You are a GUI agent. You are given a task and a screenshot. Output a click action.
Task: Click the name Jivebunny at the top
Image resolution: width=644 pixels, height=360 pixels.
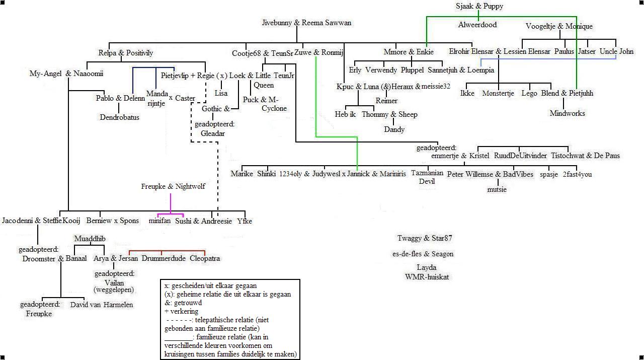pos(276,23)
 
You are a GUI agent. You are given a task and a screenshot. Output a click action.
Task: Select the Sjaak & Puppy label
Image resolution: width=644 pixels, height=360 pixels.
pos(479,6)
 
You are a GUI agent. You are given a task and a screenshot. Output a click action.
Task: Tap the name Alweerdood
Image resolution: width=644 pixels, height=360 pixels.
pos(477,25)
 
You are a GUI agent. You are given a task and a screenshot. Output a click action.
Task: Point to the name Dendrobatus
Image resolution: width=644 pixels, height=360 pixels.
pos(119,117)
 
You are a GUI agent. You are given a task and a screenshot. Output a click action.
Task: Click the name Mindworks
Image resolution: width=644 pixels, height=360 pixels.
pos(567,113)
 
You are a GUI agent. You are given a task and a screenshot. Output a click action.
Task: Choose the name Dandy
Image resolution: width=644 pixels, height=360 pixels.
pos(394,129)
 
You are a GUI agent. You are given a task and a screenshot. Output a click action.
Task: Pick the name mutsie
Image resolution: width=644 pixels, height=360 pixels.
pos(497,189)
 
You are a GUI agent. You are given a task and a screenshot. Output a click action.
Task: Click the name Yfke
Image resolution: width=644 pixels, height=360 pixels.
pos(245,221)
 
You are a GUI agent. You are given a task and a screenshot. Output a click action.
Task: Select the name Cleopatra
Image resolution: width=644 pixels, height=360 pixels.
pos(205,258)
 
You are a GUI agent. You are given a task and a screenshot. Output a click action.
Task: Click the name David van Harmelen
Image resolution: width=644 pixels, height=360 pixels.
pos(102,305)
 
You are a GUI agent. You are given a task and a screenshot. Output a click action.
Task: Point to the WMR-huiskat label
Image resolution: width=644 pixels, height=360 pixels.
pos(427,276)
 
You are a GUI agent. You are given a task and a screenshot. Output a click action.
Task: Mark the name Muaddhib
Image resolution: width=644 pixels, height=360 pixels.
pos(90,238)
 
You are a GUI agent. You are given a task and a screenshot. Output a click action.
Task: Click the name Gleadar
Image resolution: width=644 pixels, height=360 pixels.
pos(213,133)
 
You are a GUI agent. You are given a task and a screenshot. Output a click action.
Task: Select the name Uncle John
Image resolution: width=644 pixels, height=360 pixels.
pos(616,51)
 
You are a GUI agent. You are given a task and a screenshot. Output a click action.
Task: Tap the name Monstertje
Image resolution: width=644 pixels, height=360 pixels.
pos(498,93)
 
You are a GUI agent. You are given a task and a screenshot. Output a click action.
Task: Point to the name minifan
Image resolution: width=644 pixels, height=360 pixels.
pos(159,221)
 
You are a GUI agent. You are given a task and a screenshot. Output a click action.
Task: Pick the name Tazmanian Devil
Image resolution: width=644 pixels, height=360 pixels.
pos(427,177)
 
